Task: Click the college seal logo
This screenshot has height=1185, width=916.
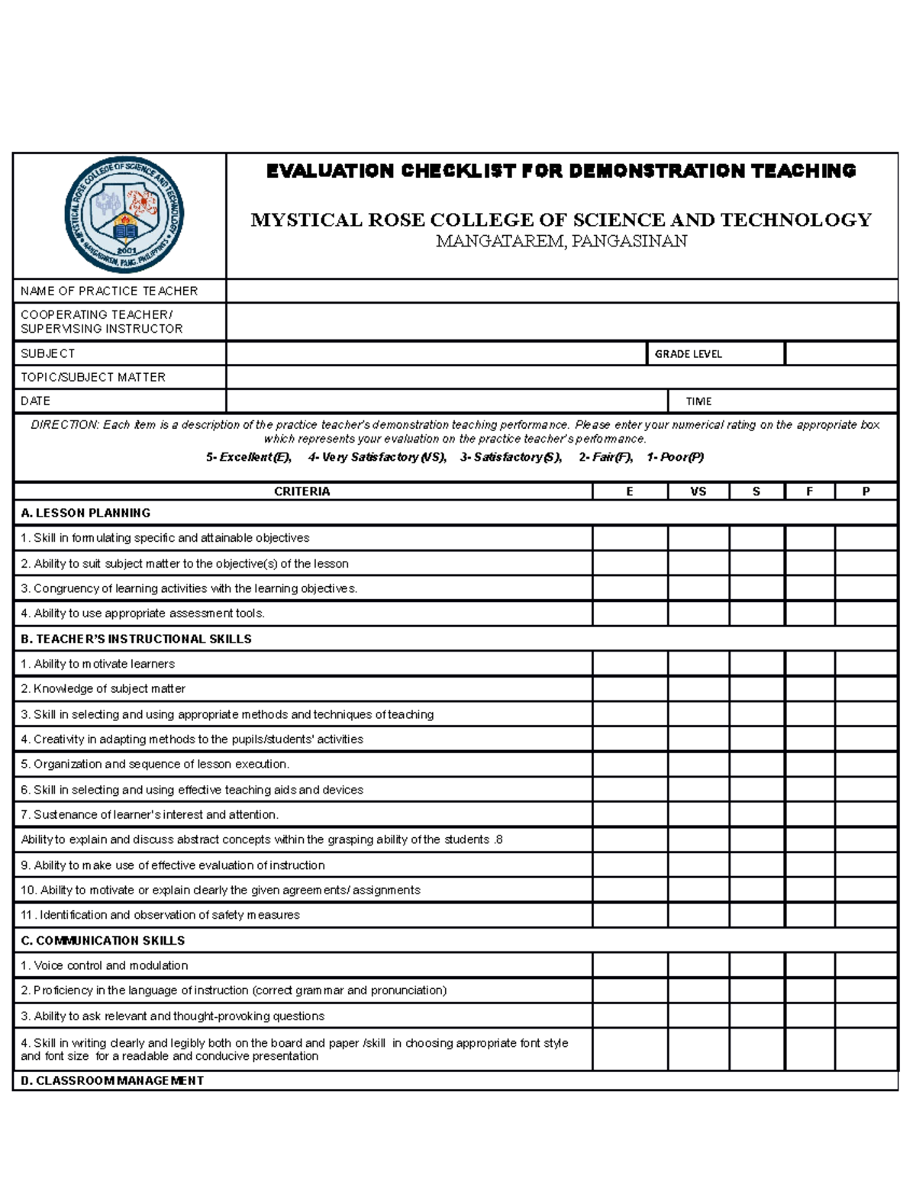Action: coord(124,215)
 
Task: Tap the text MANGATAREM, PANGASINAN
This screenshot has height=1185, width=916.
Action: coord(561,241)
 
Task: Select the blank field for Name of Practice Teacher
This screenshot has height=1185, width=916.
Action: coord(561,291)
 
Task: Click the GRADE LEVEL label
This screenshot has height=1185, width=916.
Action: coord(688,354)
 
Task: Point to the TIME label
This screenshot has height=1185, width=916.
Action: coord(698,401)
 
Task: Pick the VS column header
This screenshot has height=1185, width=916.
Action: coord(698,491)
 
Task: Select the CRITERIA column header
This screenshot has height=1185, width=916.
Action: coord(302,491)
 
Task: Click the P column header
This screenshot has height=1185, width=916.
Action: coord(866,491)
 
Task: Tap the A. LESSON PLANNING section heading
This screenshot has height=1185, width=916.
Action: coord(85,513)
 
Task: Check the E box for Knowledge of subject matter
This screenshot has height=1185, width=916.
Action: coord(630,689)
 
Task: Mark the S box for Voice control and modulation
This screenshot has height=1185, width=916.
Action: coord(756,965)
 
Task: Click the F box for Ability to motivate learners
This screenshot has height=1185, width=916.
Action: coord(810,664)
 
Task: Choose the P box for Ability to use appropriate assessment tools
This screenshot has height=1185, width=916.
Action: coord(866,613)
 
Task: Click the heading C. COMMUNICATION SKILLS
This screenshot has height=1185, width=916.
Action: coord(103,940)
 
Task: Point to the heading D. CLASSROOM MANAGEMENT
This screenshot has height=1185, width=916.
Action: coord(112,1080)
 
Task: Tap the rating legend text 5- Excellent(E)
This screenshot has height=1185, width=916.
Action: coord(248,457)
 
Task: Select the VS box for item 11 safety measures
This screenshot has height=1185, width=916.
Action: coord(698,915)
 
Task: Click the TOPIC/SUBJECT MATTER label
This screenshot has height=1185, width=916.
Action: coord(93,377)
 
